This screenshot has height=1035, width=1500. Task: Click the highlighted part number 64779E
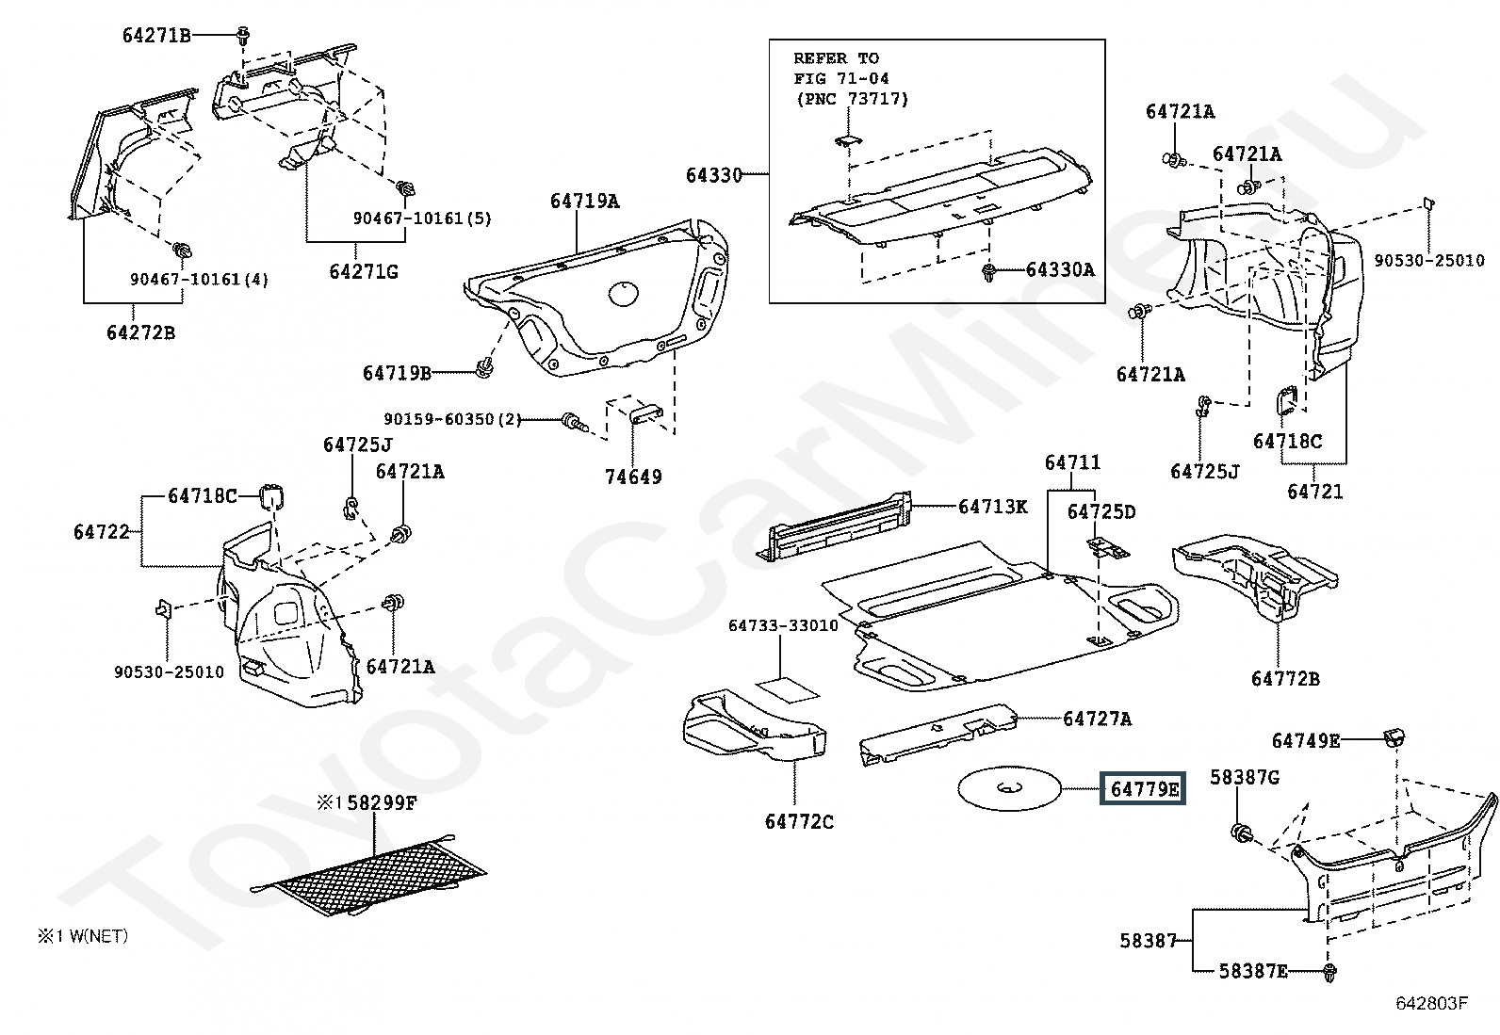[1144, 788]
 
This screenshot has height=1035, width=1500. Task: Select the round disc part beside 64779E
[1010, 788]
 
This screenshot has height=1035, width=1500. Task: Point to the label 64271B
[156, 35]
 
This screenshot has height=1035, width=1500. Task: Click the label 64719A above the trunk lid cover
[584, 201]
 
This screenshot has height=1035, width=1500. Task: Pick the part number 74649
[633, 477]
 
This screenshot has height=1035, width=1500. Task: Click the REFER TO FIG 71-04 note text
[851, 78]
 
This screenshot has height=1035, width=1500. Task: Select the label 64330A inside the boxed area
[1061, 269]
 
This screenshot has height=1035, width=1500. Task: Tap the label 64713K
[992, 507]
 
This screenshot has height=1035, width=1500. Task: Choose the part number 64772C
[800, 821]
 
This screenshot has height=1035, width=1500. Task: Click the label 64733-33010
[783, 625]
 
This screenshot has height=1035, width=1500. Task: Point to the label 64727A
[1098, 719]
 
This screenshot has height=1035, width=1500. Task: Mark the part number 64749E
[1306, 740]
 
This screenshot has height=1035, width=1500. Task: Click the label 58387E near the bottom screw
[1253, 971]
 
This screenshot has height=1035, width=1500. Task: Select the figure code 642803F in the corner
[1432, 1003]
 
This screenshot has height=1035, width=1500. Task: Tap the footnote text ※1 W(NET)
[82, 936]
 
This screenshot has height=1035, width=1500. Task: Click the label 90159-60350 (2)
[452, 419]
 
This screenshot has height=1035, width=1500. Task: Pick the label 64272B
[140, 332]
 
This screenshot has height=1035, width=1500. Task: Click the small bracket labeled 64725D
[1108, 548]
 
